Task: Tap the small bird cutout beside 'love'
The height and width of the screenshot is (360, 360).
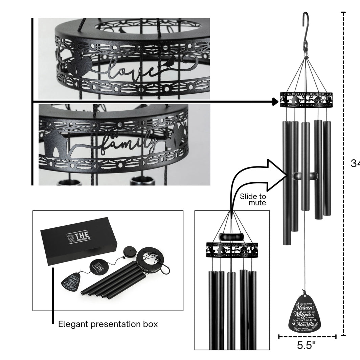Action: pyautogui.click(x=172, y=62)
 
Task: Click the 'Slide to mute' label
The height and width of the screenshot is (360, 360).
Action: pyautogui.click(x=253, y=200)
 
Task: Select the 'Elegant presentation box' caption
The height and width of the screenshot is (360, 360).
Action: pyautogui.click(x=108, y=324)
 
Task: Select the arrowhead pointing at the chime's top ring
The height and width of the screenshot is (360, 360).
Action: pyautogui.click(x=276, y=101)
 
